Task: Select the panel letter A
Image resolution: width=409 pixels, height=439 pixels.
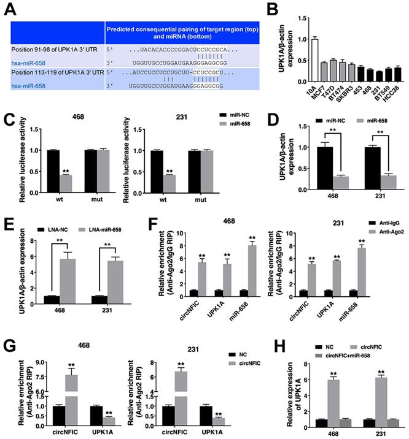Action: tap(10, 9)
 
